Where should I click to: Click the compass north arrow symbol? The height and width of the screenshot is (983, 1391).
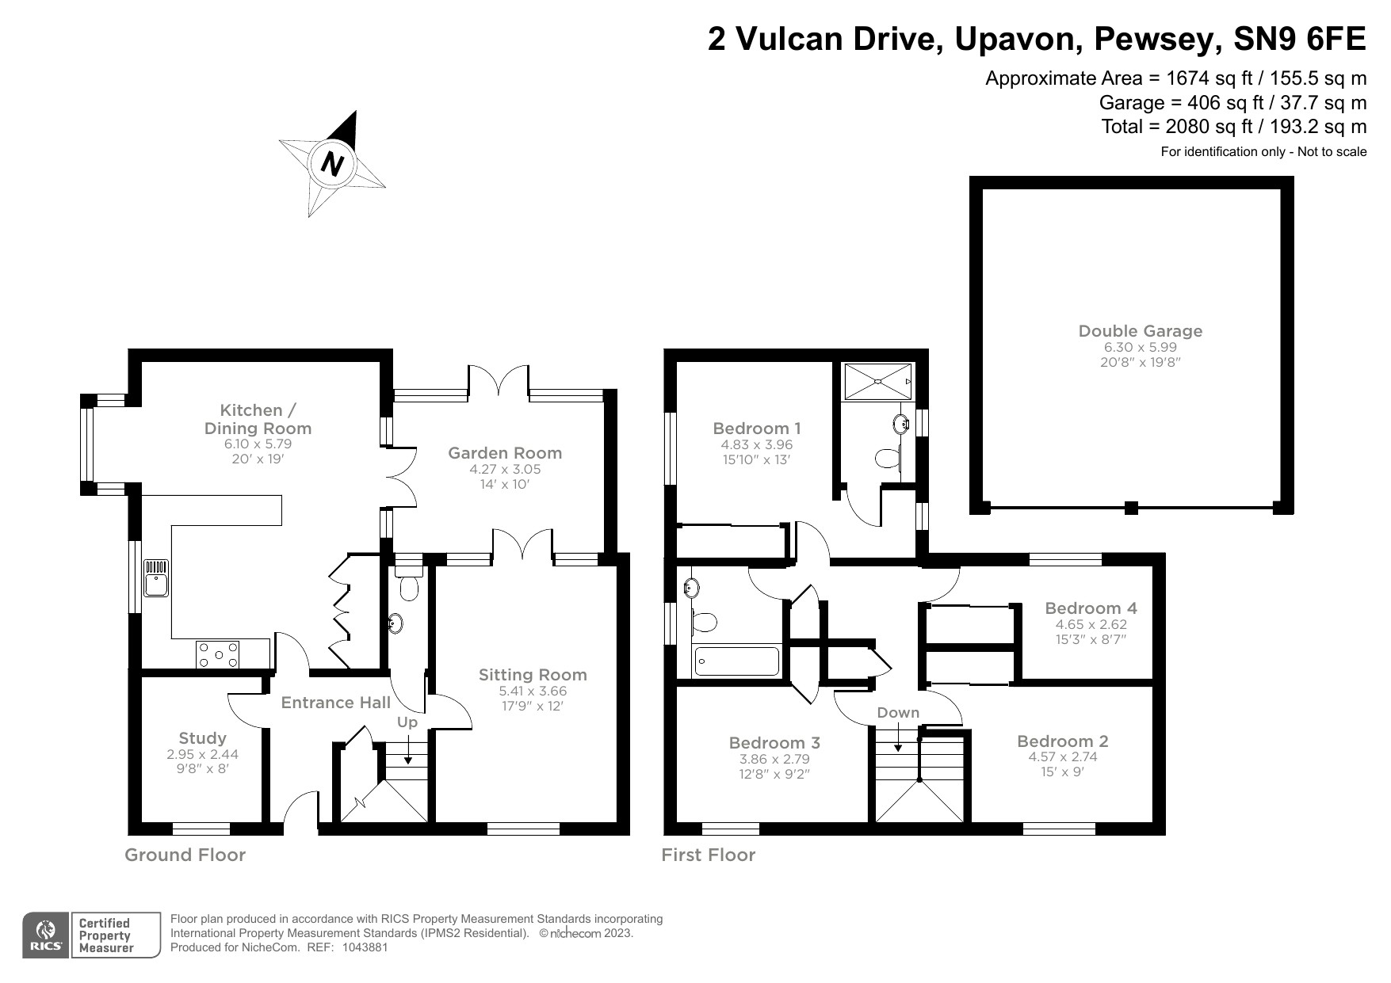pos(333,164)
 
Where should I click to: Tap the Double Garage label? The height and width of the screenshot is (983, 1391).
pos(1140,331)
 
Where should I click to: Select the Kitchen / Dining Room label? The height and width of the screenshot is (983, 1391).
pos(258,419)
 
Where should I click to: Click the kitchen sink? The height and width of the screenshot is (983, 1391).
pos(156,578)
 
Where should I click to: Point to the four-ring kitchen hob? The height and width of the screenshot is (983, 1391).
pos(218,655)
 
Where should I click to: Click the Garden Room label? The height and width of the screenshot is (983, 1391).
pos(505,453)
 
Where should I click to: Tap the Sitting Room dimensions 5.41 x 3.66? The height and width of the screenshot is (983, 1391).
pos(533,691)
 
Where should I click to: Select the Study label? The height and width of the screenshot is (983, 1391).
pos(202,738)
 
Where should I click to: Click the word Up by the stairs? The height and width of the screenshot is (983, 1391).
pos(407,722)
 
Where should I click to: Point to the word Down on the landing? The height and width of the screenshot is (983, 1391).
pos(898,713)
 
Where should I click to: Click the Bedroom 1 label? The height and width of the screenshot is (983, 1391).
pos(757,429)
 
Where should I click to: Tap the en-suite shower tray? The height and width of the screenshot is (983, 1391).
pos(878,382)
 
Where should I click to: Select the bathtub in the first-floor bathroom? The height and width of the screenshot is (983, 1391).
pos(737,661)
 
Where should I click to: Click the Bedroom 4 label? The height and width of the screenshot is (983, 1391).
pos(1091,608)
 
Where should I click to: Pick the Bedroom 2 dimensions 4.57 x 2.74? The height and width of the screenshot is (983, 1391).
pos(1063,756)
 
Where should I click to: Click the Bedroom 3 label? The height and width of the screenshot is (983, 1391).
pos(774,743)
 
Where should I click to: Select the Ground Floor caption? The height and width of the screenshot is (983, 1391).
pos(185,855)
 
